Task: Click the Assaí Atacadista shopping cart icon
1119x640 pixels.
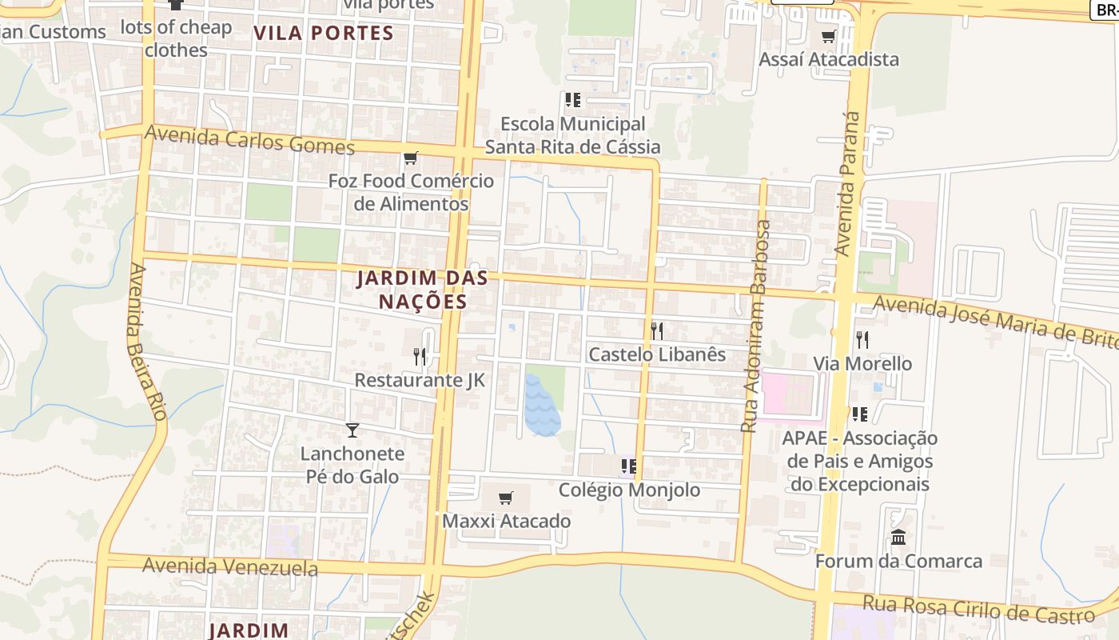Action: point(828,36)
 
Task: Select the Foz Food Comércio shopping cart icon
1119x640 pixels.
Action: point(410,158)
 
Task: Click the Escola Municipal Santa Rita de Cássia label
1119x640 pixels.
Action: point(572,135)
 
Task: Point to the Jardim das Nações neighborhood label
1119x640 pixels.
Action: point(412,290)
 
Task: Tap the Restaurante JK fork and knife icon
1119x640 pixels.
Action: point(420,356)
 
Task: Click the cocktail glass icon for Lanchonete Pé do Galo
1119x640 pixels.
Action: point(352,430)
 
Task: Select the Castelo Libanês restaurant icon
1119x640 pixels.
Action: point(657,330)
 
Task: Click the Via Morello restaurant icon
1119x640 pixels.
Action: point(862,340)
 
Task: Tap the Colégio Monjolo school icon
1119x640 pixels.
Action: point(629,466)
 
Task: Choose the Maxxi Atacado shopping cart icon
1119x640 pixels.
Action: point(505,498)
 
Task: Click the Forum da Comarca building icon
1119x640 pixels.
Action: point(898,537)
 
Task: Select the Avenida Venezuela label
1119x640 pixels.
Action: point(229,567)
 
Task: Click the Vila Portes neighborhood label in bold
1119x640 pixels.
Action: point(324,33)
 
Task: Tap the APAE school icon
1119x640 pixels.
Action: point(860,414)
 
